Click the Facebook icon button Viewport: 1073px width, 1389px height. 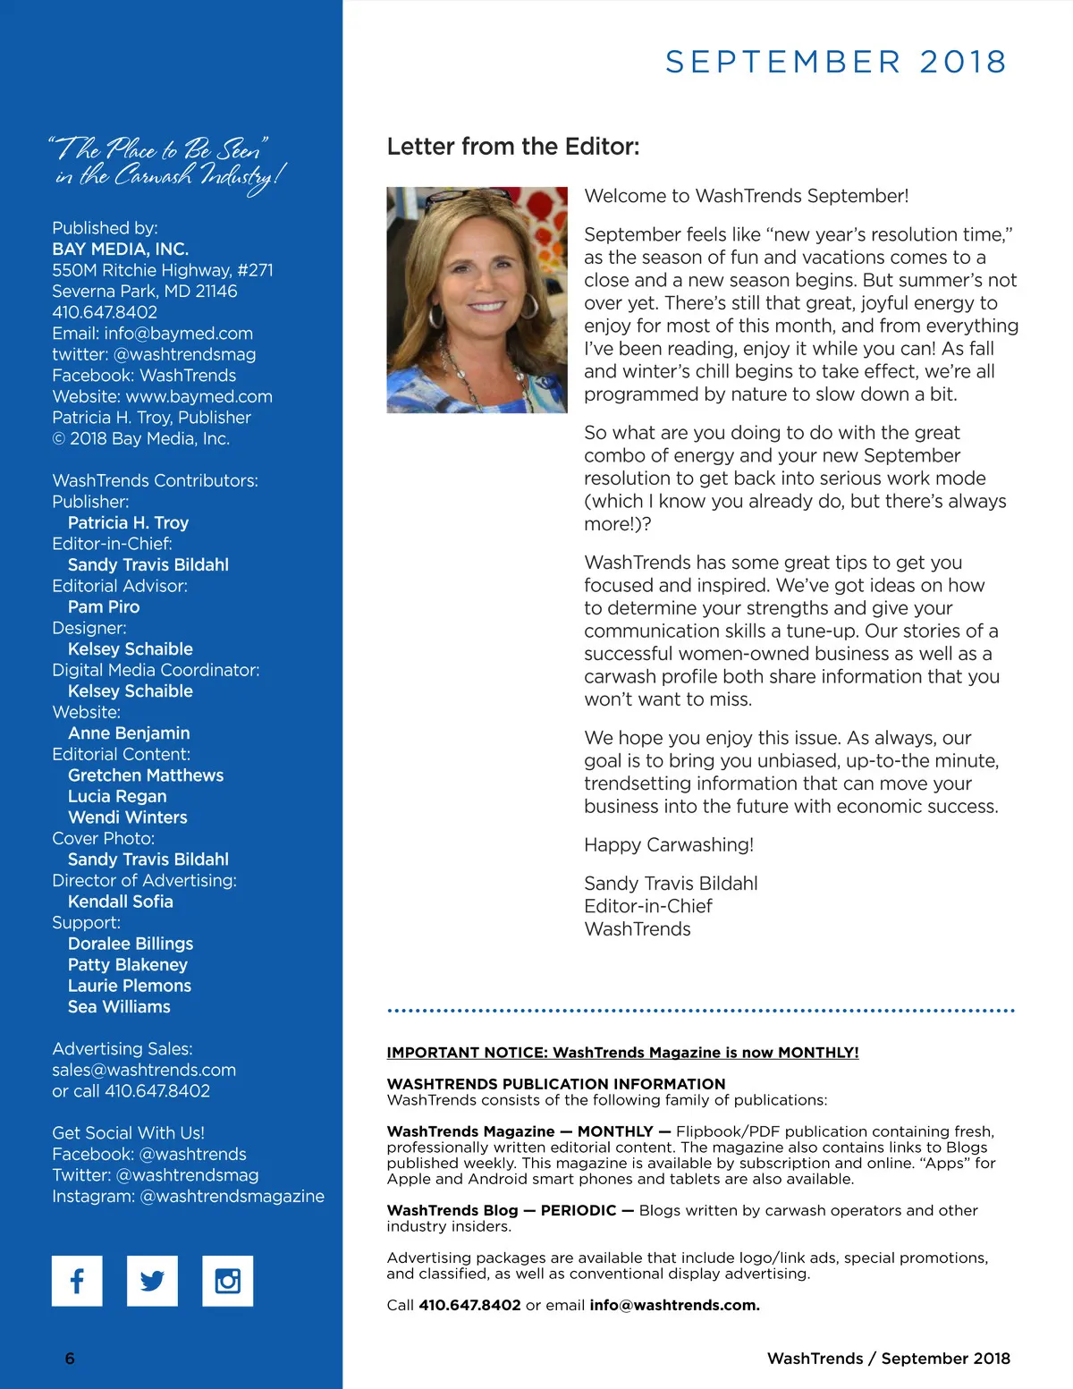(77, 1280)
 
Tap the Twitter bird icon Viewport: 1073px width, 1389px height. (152, 1280)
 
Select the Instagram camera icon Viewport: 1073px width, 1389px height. (228, 1280)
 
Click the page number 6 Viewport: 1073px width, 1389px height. (70, 1358)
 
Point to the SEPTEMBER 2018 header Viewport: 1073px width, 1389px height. (836, 62)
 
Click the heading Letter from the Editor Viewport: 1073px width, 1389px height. (512, 147)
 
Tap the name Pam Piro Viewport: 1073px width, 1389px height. (104, 606)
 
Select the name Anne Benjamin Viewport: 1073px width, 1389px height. (129, 733)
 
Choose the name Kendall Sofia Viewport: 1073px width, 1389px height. (121, 901)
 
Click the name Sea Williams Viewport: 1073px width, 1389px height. (119, 1006)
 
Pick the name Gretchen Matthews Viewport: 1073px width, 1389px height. (146, 775)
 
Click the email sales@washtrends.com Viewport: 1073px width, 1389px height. (144, 1070)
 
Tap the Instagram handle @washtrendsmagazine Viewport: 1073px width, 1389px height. (232, 1196)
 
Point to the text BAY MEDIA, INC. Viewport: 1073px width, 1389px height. (120, 249)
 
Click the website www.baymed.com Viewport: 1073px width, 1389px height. (199, 396)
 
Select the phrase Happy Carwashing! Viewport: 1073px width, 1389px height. (669, 844)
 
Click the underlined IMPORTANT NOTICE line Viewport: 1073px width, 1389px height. (622, 1053)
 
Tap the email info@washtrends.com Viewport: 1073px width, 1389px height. (674, 1305)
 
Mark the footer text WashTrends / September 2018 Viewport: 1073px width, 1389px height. (888, 1358)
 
